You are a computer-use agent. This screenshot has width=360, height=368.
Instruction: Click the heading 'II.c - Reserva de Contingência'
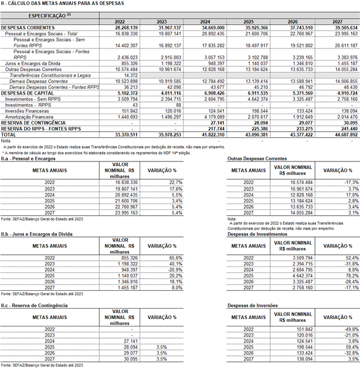tap(34, 305)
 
